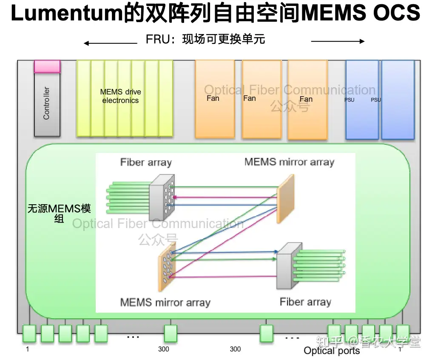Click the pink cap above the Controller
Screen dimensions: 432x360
pyautogui.click(x=47, y=66)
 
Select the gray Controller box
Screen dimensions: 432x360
pyautogui.click(x=47, y=104)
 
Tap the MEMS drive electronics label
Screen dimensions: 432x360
pyautogui.click(x=120, y=96)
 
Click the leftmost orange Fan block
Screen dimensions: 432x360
pyautogui.click(x=215, y=99)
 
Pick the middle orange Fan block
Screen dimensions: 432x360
pyautogui.click(x=262, y=99)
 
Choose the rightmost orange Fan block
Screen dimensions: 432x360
pyautogui.click(x=308, y=100)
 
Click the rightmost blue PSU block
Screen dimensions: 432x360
pyautogui.click(x=398, y=100)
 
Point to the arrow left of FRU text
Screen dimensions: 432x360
pyautogui.click(x=111, y=43)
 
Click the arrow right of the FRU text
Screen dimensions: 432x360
pyautogui.click(x=338, y=41)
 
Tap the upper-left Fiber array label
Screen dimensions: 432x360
pyautogui.click(x=146, y=162)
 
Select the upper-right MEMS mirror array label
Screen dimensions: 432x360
pyautogui.click(x=290, y=162)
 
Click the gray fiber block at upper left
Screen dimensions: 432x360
pyautogui.click(x=162, y=197)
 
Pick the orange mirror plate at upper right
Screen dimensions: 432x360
pyautogui.click(x=285, y=198)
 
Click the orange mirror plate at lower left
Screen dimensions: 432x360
pyautogui.click(x=167, y=267)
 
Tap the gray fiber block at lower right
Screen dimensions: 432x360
pyautogui.click(x=289, y=266)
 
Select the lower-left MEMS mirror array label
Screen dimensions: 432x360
pyautogui.click(x=165, y=303)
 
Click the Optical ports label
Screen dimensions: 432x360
pyautogui.click(x=332, y=351)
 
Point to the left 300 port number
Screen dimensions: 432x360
pyautogui.click(x=164, y=349)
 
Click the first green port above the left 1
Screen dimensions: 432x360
pyautogui.click(x=29, y=334)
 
